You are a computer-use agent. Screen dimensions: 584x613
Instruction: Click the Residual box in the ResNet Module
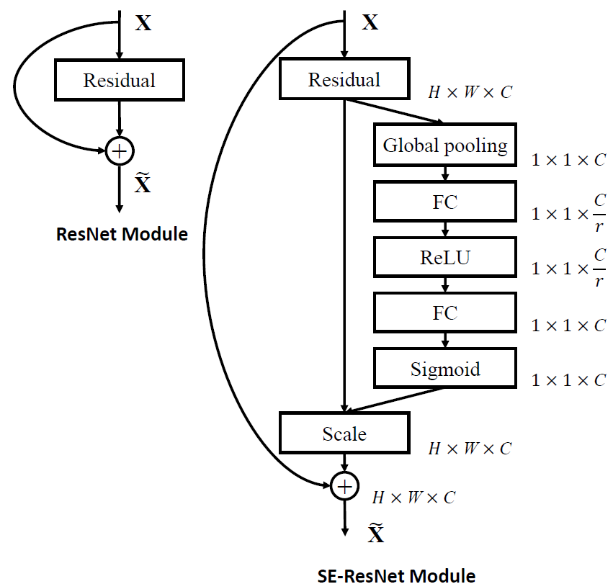pyautogui.click(x=119, y=80)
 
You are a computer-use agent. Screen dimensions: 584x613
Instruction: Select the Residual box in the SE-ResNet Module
pyautogui.click(x=344, y=79)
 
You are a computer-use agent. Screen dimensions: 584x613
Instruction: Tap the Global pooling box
pyautogui.click(x=445, y=146)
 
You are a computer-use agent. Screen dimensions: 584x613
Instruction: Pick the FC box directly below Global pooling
pyautogui.click(x=445, y=202)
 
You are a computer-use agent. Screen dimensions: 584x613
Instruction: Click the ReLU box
pyautogui.click(x=445, y=257)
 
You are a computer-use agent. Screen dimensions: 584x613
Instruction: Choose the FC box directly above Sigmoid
pyautogui.click(x=445, y=313)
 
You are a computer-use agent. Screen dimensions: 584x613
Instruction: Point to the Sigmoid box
pyautogui.click(x=445, y=369)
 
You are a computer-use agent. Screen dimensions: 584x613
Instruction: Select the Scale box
pyautogui.click(x=344, y=433)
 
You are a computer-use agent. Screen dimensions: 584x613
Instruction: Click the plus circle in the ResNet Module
pyautogui.click(x=120, y=151)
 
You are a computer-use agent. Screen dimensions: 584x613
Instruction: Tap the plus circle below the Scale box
pyautogui.click(x=344, y=487)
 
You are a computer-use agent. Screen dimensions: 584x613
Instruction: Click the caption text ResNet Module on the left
pyautogui.click(x=122, y=234)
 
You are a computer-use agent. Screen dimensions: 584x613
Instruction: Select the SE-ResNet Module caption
pyautogui.click(x=396, y=574)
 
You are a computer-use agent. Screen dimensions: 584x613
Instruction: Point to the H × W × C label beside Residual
pyautogui.click(x=470, y=92)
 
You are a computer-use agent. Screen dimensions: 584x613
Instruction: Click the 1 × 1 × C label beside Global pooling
pyautogui.click(x=568, y=160)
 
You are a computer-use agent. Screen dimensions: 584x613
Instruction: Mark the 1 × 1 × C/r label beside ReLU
pyautogui.click(x=568, y=268)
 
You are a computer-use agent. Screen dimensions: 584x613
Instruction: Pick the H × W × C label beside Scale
pyautogui.click(x=470, y=449)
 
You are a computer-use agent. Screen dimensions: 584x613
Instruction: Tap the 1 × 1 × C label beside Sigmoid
pyautogui.click(x=568, y=380)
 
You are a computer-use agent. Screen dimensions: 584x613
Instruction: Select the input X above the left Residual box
pyautogui.click(x=144, y=23)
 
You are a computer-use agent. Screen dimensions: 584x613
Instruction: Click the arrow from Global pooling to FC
pyautogui.click(x=445, y=173)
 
